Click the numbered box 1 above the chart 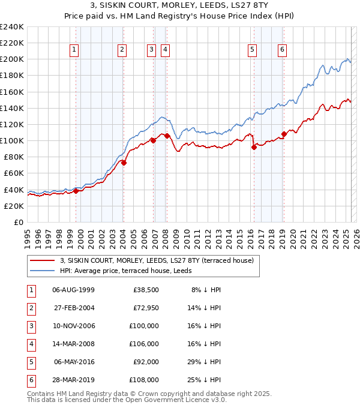[74, 50]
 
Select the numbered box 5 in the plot [252, 50]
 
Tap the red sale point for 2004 [124, 162]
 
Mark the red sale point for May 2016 [254, 147]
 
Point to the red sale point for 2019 [284, 134]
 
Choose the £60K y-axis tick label [13, 173]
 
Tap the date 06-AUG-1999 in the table [74, 289]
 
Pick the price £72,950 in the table [146, 307]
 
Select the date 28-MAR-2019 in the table [74, 379]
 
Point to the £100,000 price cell [145, 325]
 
